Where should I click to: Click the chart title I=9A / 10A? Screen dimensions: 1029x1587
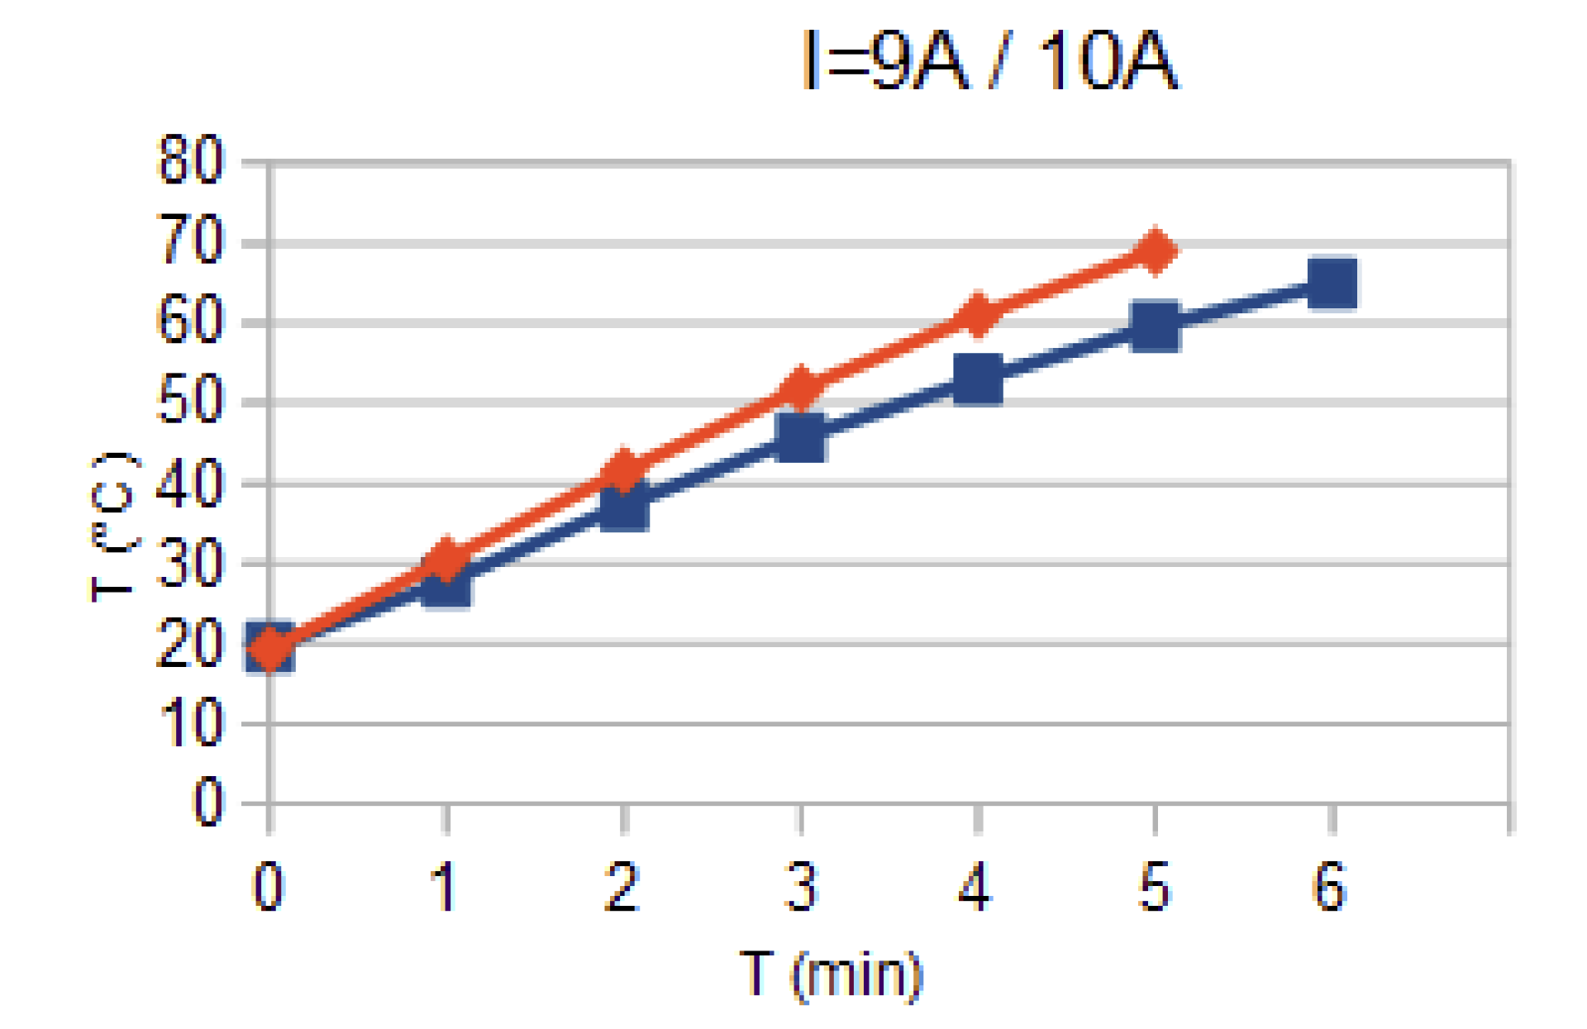point(989,60)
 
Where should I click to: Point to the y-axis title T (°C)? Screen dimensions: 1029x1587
point(112,527)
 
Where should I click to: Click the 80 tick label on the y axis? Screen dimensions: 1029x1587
point(189,160)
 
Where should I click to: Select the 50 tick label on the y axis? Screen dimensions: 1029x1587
point(189,401)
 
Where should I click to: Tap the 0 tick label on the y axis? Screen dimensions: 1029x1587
point(207,802)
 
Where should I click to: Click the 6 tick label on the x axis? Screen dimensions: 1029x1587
point(1330,887)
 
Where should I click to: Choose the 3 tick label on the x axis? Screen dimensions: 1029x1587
point(800,887)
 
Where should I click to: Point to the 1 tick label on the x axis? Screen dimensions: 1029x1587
point(445,887)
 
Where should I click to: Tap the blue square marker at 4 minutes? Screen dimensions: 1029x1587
point(978,379)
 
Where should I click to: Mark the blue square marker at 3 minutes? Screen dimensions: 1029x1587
point(801,436)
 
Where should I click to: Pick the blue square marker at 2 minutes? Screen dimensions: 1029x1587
point(624,505)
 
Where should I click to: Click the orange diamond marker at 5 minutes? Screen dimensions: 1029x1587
point(1155,250)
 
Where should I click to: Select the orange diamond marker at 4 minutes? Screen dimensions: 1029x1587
point(978,315)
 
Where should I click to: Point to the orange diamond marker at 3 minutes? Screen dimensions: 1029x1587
point(801,387)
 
